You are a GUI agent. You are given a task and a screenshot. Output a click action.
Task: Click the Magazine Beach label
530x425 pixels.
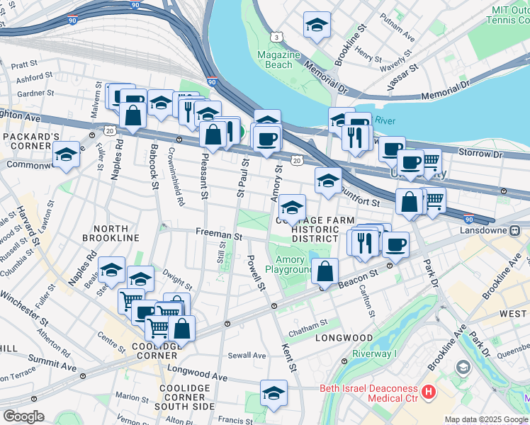pyautogui.click(x=274, y=59)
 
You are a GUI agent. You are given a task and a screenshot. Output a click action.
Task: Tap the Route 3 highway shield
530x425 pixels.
pyautogui.click(x=274, y=36)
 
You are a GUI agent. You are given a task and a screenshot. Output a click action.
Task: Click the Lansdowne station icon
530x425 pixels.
pyautogui.click(x=515, y=230)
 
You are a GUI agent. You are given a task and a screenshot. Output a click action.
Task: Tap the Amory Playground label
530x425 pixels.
pyautogui.click(x=289, y=265)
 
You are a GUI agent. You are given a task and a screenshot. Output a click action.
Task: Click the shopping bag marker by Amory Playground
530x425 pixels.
pyautogui.click(x=325, y=271)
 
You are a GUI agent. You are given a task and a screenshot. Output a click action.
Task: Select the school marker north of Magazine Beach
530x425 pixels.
pyautogui.click(x=317, y=25)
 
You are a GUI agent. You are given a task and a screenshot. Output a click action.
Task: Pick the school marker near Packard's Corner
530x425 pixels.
pyautogui.click(x=66, y=155)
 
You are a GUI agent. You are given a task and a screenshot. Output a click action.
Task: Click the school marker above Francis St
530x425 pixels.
pyautogui.click(x=274, y=392)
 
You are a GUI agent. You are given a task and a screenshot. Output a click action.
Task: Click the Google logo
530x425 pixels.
pyautogui.click(x=23, y=416)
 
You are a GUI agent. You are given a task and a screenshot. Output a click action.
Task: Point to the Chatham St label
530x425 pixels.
pyautogui.click(x=307, y=323)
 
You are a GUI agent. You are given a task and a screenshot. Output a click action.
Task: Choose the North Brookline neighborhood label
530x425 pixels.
pyautogui.click(x=100, y=233)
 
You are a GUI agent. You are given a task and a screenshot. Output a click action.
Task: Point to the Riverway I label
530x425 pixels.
pyautogui.click(x=374, y=353)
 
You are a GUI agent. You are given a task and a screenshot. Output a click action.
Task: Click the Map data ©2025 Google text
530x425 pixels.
pyautogui.click(x=485, y=419)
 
